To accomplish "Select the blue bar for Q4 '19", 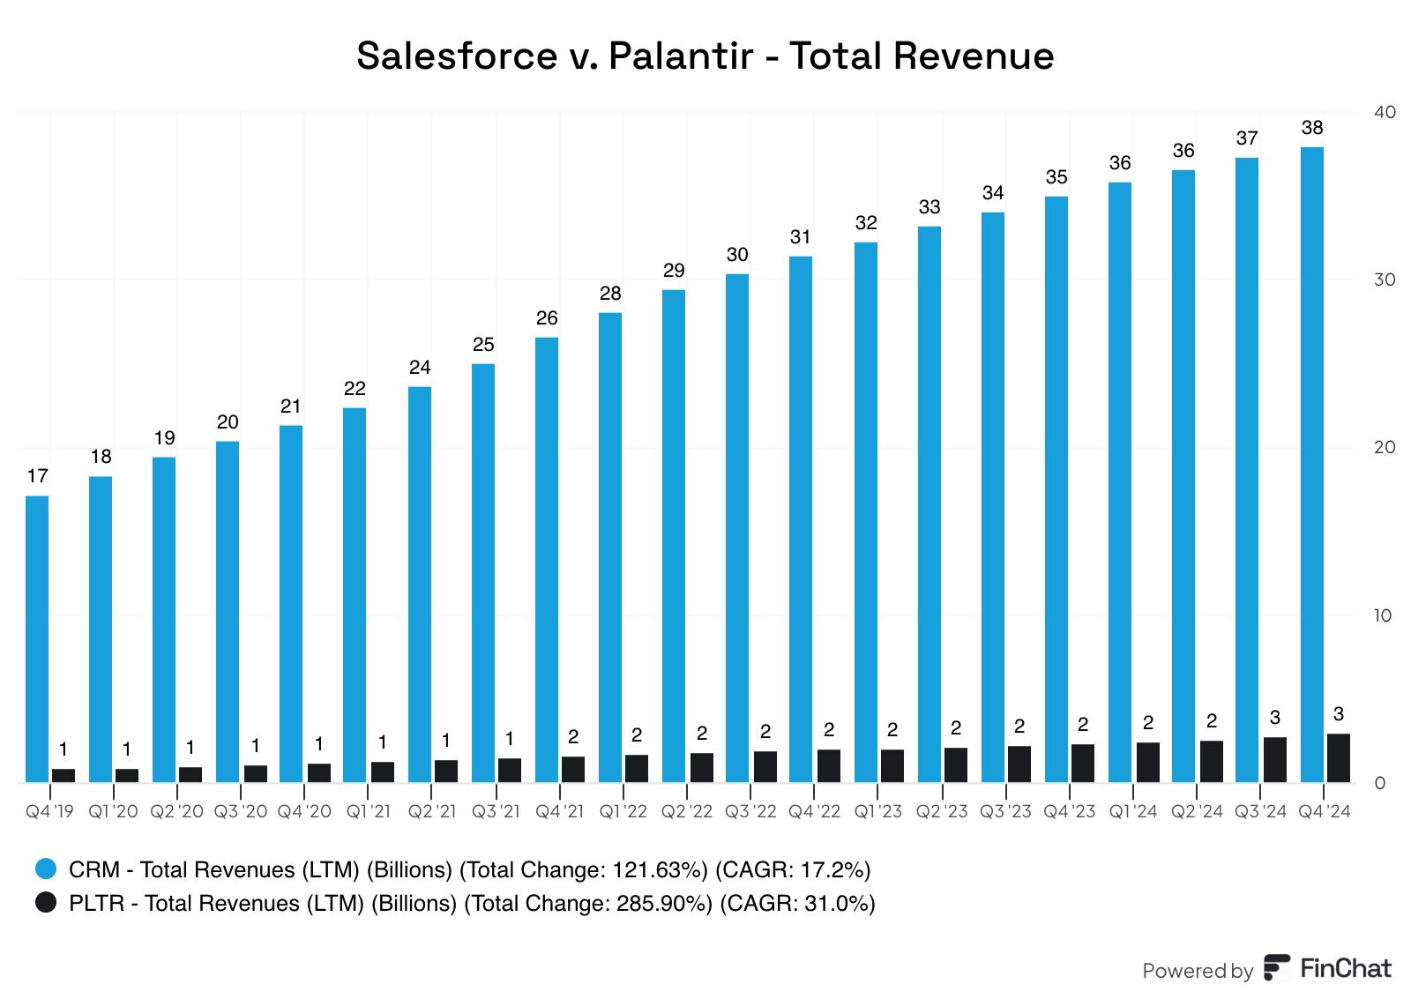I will [x=37, y=639].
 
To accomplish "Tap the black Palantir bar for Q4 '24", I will [x=1339, y=758].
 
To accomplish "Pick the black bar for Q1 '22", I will [x=637, y=769].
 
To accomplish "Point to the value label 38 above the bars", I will [x=1312, y=128].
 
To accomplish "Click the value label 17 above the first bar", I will [x=37, y=476].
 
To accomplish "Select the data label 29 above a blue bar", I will [x=674, y=271].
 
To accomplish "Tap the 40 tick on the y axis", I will [x=1385, y=112].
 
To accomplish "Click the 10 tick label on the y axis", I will [x=1383, y=615].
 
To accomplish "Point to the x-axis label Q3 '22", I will [x=750, y=811].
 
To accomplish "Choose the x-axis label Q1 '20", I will [x=113, y=811].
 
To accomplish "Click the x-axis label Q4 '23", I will [x=1069, y=811].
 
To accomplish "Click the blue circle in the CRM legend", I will [x=46, y=869].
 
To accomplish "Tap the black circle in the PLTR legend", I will [x=46, y=903].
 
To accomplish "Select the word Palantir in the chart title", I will [x=681, y=56].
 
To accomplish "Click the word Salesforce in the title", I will [x=457, y=56].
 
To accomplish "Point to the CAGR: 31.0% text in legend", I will [x=797, y=903].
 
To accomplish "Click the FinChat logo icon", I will [x=1276, y=967].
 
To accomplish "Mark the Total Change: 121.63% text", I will [x=584, y=869].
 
